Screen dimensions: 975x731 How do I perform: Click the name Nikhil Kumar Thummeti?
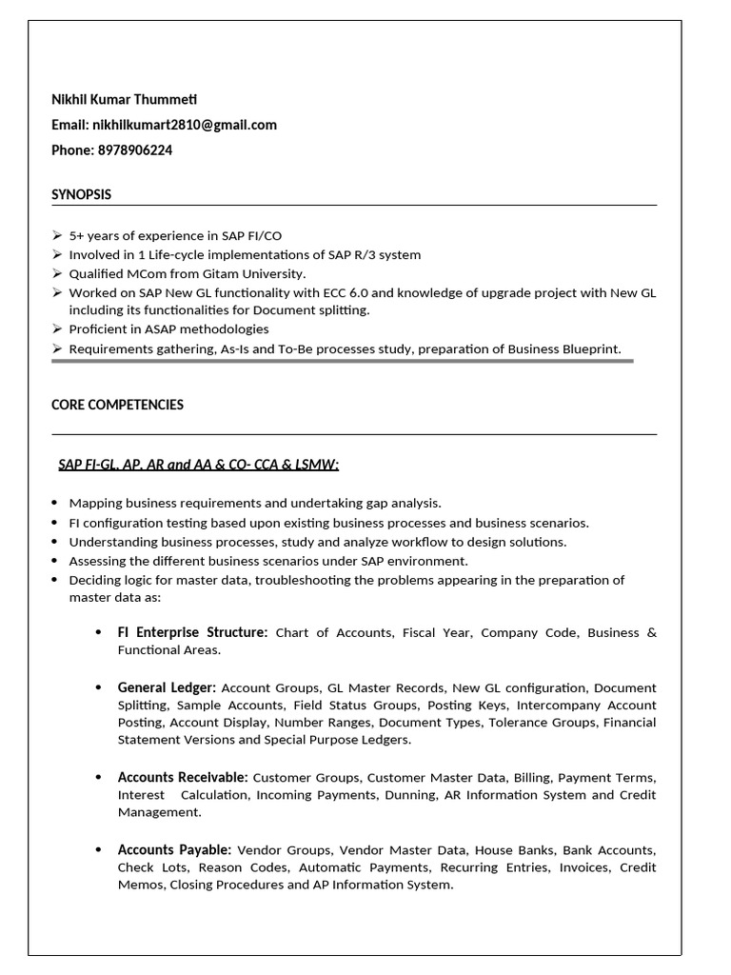click(x=125, y=99)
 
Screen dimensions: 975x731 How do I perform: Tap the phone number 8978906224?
click(x=135, y=150)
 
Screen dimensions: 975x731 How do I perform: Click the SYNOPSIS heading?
click(x=81, y=194)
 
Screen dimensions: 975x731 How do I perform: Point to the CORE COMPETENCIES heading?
click(x=117, y=405)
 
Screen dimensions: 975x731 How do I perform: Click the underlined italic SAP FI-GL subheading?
click(x=198, y=465)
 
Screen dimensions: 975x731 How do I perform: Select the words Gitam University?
click(x=253, y=273)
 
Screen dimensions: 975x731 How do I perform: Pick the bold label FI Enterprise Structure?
click(x=192, y=632)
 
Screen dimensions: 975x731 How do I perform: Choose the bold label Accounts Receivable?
click(x=183, y=777)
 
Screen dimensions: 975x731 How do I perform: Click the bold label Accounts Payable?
click(x=174, y=849)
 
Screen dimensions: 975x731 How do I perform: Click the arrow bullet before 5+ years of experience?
click(x=57, y=235)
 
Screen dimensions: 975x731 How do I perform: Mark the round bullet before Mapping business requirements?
click(x=57, y=503)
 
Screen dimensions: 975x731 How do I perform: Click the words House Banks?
click(x=515, y=849)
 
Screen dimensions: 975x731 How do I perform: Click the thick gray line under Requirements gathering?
click(x=343, y=362)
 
